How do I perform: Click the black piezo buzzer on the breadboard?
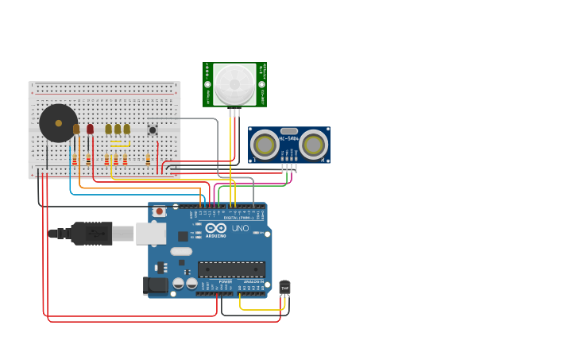coord(58,123)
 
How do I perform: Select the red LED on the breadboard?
coord(90,129)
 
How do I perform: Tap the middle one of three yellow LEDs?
coord(118,129)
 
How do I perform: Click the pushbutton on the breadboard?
coord(152,130)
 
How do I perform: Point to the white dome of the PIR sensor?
coord(234,83)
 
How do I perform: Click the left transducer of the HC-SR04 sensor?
coord(264,144)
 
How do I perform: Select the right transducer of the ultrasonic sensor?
coord(314,144)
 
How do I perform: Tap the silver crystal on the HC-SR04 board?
coord(289,131)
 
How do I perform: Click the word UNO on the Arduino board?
coord(240,229)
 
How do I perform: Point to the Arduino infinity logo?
coord(215,228)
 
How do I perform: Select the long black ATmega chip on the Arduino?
coord(231,269)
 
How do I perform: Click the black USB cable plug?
coord(91,233)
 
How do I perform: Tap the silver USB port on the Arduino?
coord(150,233)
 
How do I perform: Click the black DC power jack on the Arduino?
coord(157,285)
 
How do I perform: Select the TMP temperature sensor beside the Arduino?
coord(284,287)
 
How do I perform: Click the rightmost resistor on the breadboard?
coord(148,160)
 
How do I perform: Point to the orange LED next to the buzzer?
coord(76,129)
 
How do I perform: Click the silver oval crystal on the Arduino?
coord(181,251)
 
